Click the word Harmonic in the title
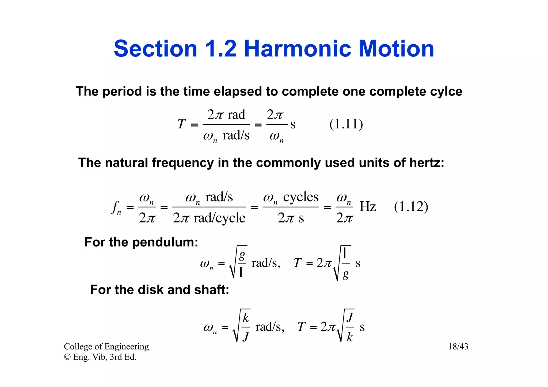pyautogui.click(x=297, y=49)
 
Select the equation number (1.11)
pyautogui.click(x=346, y=124)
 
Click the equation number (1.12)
pyautogui.click(x=411, y=207)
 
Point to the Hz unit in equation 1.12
pyautogui.click(x=368, y=207)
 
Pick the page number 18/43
pyautogui.click(x=458, y=347)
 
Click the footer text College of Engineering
pyautogui.click(x=106, y=347)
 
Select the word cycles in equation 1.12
pyautogui.click(x=301, y=197)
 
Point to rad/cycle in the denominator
pyautogui.click(x=219, y=218)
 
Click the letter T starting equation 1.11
pyautogui.click(x=181, y=124)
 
